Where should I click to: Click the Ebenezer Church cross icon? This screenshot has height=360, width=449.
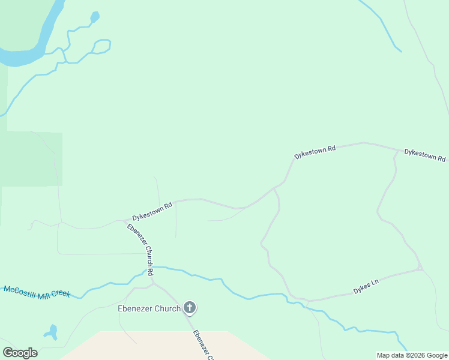click(190, 309)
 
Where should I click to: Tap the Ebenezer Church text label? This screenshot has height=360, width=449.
click(148, 309)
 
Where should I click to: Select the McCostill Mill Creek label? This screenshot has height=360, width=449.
click(37, 292)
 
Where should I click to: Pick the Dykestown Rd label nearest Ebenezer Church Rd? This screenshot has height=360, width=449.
click(152, 211)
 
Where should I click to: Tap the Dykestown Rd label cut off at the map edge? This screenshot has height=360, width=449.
click(425, 155)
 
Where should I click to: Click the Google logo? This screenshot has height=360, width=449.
click(20, 353)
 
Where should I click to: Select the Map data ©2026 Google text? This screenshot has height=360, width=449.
click(412, 355)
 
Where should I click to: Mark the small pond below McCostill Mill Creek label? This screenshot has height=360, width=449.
click(50, 332)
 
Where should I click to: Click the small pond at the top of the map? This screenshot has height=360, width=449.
click(94, 17)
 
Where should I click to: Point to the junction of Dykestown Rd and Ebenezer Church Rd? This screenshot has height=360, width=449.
click(125, 221)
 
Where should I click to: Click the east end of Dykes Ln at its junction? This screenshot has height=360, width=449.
click(421, 268)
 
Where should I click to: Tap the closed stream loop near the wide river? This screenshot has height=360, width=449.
click(102, 46)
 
